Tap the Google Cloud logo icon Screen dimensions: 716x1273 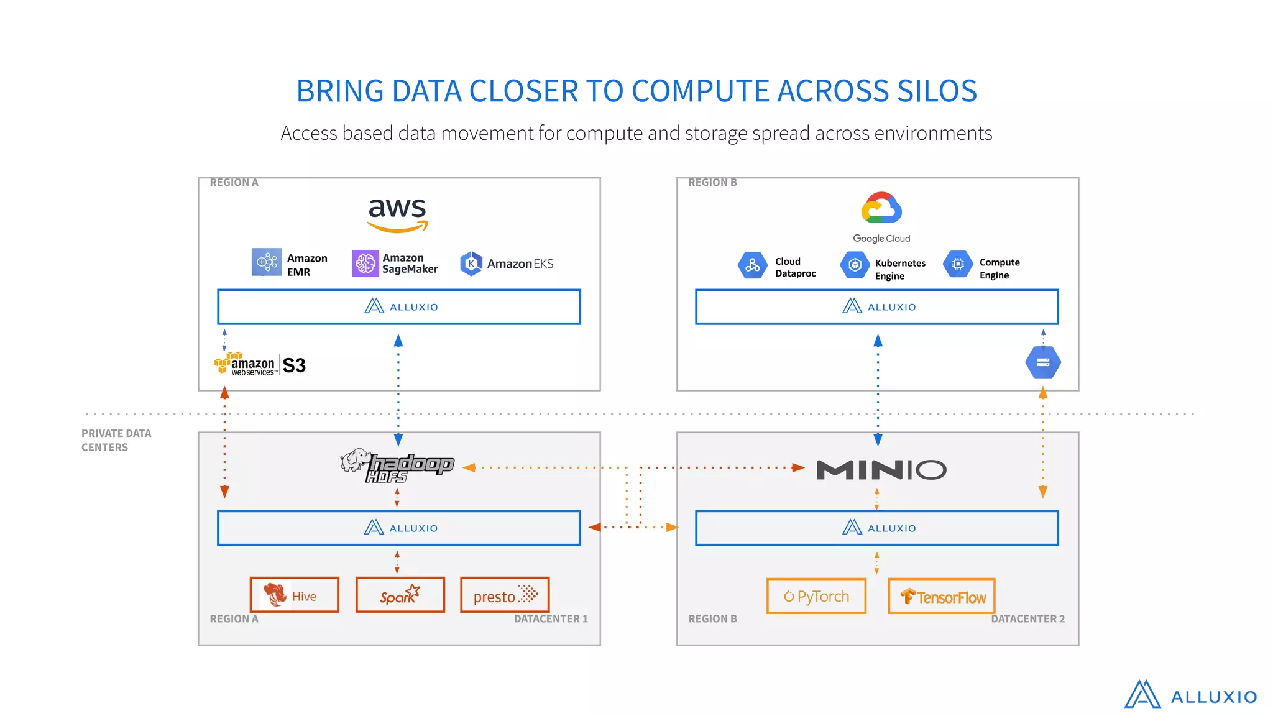coord(881,208)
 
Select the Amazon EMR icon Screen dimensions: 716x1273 coord(267,262)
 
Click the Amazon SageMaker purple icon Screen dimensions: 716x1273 coord(365,264)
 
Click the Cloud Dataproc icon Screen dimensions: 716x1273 coord(752,265)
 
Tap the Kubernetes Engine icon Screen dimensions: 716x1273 coord(855,265)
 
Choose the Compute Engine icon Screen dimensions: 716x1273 coord(958,264)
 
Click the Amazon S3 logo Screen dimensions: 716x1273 coord(260,365)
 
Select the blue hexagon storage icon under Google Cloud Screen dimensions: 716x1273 coord(1043,362)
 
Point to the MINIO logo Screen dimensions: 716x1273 coord(881,470)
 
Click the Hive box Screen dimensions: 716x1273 coord(295,595)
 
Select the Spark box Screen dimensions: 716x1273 coord(400,595)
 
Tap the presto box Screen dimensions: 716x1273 coord(505,595)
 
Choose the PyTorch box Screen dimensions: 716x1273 coord(816,597)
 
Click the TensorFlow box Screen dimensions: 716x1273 coord(942,597)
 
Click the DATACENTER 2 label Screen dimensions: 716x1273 coord(1027,619)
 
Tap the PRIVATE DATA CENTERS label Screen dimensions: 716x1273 coord(116,440)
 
